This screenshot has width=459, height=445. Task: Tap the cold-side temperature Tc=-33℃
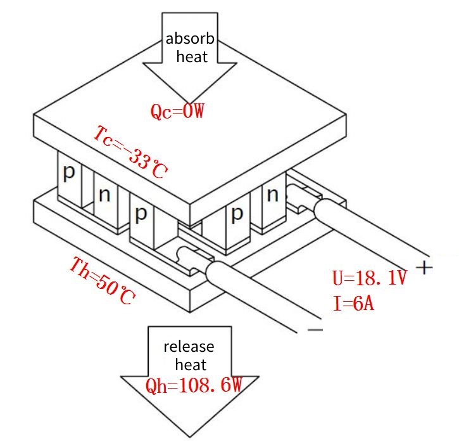click(x=131, y=153)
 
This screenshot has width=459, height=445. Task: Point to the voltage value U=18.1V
click(x=369, y=278)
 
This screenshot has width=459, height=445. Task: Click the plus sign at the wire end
click(x=426, y=268)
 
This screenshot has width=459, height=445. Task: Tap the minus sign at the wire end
click(x=315, y=330)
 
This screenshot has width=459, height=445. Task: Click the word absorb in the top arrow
click(x=191, y=39)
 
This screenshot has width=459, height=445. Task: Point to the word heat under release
click(x=191, y=365)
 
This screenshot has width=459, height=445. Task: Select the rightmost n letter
click(x=273, y=195)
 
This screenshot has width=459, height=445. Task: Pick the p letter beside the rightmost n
click(x=237, y=214)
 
